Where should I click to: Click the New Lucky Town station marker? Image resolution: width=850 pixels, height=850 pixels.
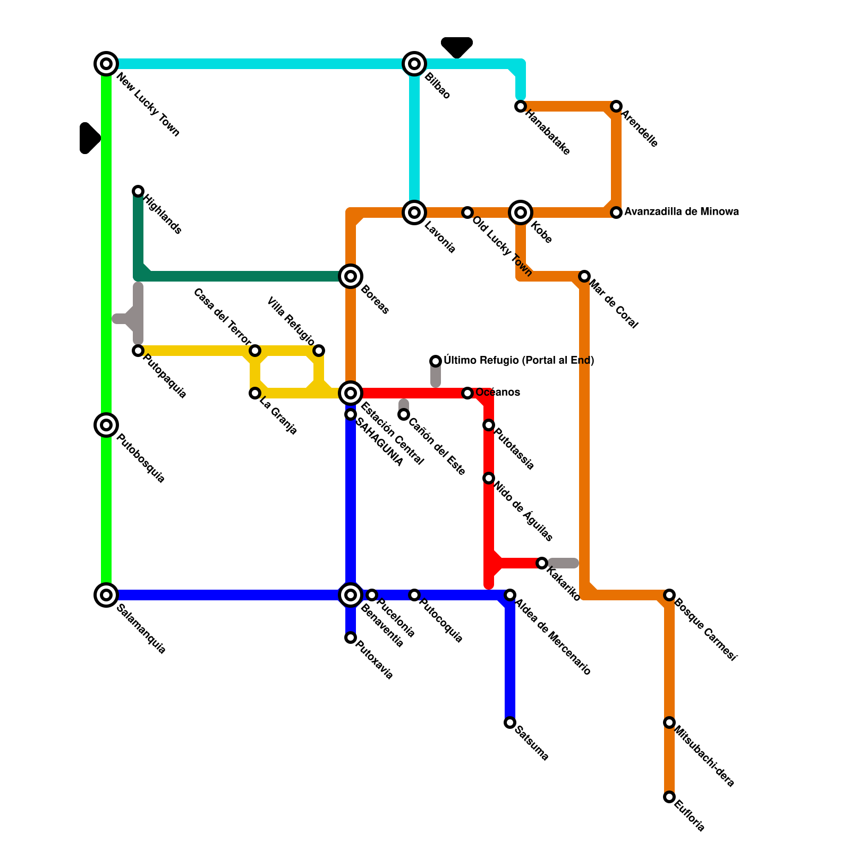click(x=106, y=64)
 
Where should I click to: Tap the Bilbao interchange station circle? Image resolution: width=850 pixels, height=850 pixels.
click(x=414, y=64)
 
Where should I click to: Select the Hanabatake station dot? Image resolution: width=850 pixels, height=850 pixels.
click(x=521, y=106)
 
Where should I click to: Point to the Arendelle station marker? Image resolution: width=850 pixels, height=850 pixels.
click(x=616, y=106)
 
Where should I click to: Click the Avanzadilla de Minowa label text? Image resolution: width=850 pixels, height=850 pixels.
click(x=681, y=212)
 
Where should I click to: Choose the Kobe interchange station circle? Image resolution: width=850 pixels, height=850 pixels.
click(x=521, y=212)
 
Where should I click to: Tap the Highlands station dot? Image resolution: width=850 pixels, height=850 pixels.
click(x=138, y=191)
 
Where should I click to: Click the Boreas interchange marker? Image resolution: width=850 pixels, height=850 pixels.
click(x=351, y=276)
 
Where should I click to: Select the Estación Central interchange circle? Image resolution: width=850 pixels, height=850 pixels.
click(x=351, y=393)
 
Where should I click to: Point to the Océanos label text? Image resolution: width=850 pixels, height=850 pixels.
click(x=497, y=393)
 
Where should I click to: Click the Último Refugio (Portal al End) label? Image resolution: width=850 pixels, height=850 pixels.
click(x=518, y=361)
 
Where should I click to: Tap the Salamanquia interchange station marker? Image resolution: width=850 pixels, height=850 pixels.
click(x=106, y=595)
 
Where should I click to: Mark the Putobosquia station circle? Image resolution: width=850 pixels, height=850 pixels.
click(x=106, y=425)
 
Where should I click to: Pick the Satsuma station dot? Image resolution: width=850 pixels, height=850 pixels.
click(x=510, y=722)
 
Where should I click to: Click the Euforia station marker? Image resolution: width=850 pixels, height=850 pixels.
click(x=669, y=797)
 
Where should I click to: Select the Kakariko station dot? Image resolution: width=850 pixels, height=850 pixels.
click(x=542, y=563)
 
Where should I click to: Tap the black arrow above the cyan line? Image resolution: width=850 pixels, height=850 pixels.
click(x=457, y=47)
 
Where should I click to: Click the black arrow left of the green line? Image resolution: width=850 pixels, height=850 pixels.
click(x=89, y=138)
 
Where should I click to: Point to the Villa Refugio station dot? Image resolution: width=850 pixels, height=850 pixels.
click(x=319, y=351)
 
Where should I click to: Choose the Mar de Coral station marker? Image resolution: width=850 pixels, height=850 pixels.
click(x=584, y=276)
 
